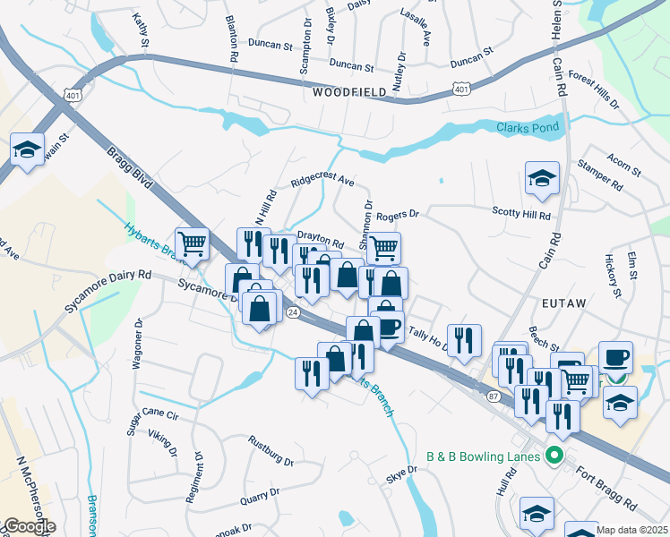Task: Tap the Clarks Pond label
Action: point(528,128)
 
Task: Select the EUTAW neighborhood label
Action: point(563,303)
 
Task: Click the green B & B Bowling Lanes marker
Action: point(554,456)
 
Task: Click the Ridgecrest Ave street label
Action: point(322,182)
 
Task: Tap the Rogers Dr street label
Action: point(398,216)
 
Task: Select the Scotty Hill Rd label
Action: point(521,212)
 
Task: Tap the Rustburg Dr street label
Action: point(271,450)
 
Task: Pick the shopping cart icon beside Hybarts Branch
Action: point(192,243)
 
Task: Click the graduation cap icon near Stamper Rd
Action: point(542,179)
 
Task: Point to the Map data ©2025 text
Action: point(631,530)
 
